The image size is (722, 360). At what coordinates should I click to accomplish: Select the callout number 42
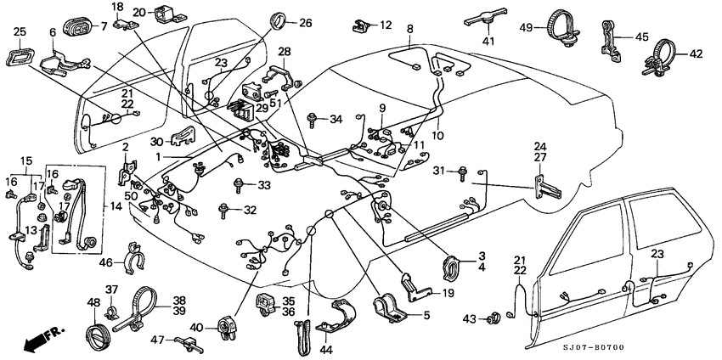[697, 53]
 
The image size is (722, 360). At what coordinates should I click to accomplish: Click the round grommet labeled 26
[275, 21]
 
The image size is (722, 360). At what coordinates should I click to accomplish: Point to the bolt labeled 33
[239, 183]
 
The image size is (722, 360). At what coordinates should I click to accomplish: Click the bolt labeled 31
[462, 174]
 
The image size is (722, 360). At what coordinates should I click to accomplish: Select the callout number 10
[437, 133]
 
